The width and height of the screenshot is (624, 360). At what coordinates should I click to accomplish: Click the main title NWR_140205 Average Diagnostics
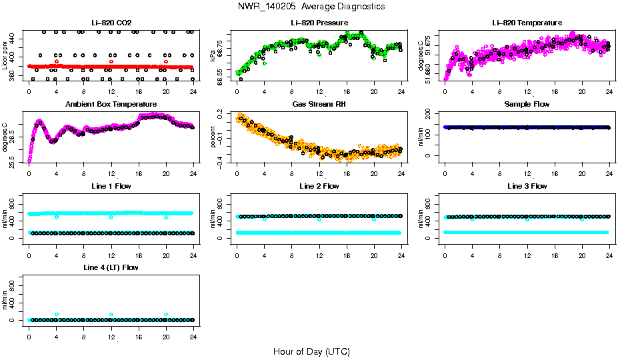[x=311, y=7]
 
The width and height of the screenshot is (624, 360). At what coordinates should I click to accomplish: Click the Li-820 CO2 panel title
[x=111, y=23]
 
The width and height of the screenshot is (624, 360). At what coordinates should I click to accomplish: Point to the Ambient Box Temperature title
[x=111, y=105]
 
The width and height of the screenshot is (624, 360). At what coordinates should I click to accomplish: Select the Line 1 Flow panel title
[x=111, y=186]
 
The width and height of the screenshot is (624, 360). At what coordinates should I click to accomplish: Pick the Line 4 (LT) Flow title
[x=111, y=267]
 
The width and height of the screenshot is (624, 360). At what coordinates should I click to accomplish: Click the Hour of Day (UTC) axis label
[x=311, y=351]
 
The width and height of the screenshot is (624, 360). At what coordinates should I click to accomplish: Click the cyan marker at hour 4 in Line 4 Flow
[x=57, y=314]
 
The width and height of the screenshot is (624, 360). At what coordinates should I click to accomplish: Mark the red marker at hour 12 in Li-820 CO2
[x=111, y=61]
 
